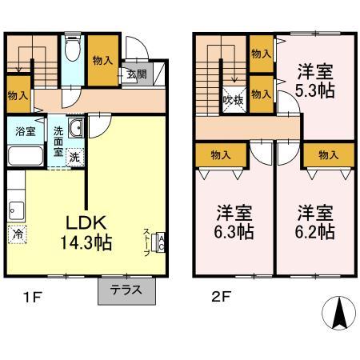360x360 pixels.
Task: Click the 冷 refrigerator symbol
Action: (17, 234)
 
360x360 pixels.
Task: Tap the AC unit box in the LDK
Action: (161, 242)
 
